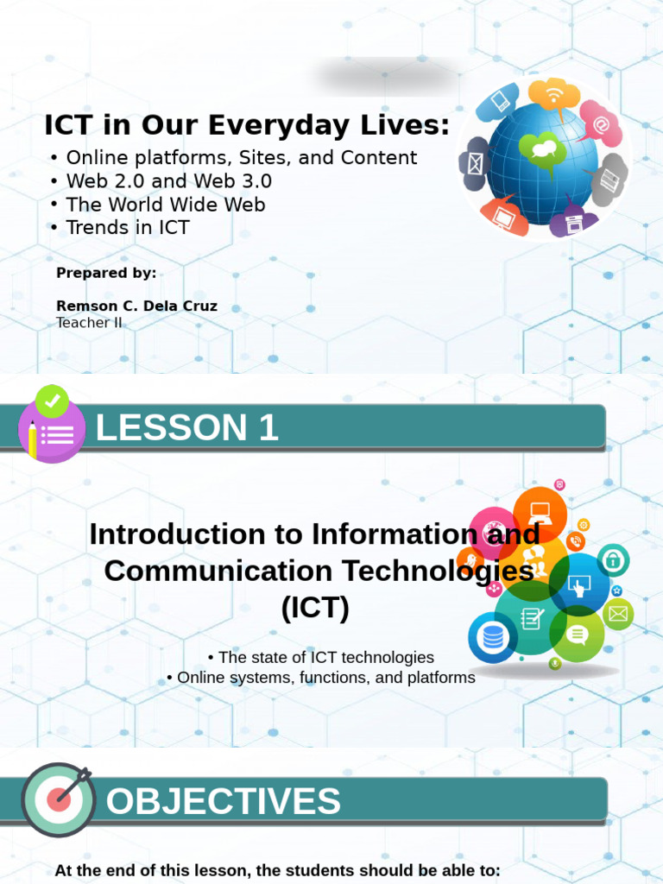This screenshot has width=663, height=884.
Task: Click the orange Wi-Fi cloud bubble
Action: (x=553, y=95)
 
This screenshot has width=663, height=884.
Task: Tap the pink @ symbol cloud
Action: (x=599, y=123)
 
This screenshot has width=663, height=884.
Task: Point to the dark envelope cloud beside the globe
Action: (x=476, y=163)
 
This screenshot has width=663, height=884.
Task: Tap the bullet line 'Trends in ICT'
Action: (x=128, y=228)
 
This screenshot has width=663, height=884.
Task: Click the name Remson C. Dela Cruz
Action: (x=136, y=306)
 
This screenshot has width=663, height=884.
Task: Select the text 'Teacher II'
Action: (x=89, y=323)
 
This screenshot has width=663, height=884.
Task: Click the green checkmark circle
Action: (x=52, y=401)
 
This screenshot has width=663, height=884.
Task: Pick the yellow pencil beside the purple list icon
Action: (x=33, y=439)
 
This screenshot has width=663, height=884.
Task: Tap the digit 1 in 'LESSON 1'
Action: (x=268, y=427)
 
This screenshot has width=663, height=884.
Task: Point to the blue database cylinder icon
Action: (x=493, y=638)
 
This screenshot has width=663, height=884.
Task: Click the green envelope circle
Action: (x=618, y=615)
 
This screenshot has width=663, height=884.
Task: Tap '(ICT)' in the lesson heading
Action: (x=315, y=608)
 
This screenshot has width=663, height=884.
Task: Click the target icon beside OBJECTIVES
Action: (x=58, y=799)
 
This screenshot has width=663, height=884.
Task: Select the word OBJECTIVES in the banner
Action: (x=223, y=802)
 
